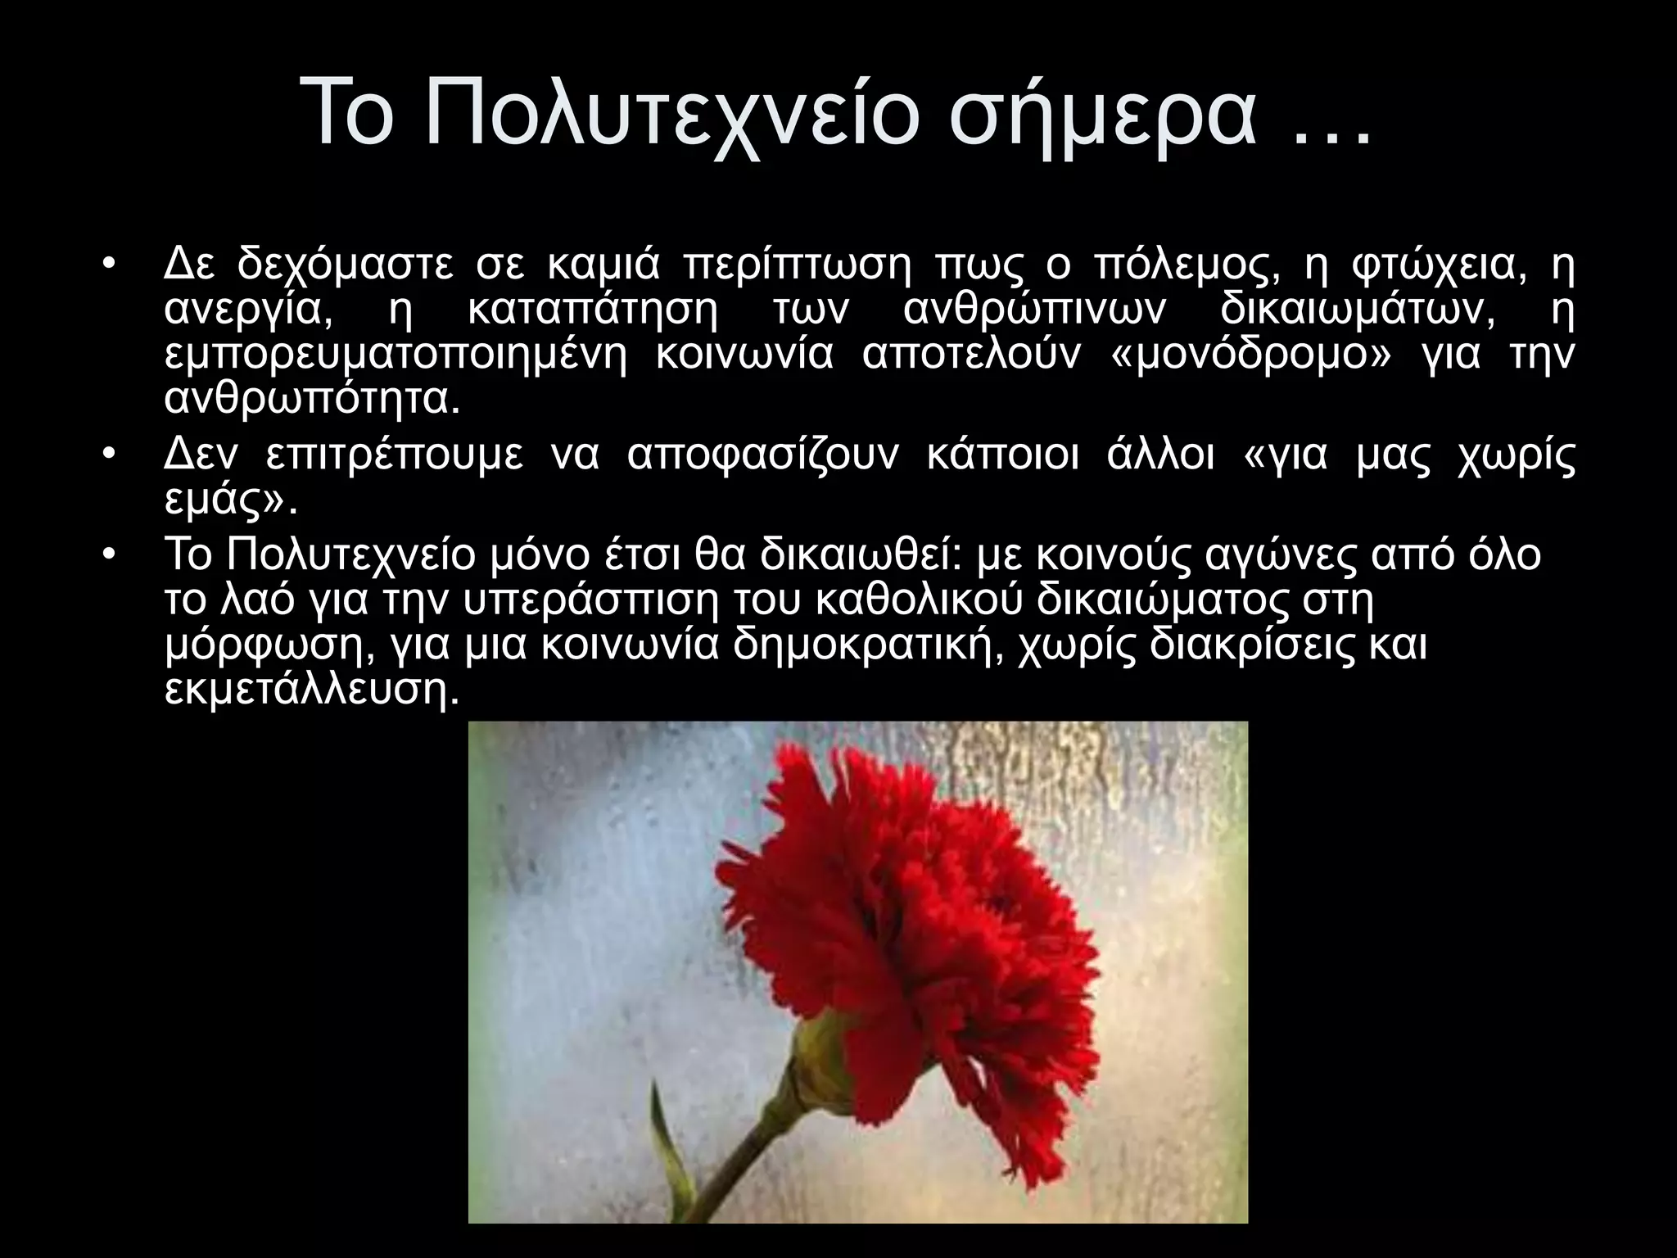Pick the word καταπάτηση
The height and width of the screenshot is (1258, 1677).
coord(594,311)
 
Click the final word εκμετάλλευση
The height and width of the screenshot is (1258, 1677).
coord(307,690)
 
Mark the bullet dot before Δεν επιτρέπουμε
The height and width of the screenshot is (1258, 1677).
coord(110,456)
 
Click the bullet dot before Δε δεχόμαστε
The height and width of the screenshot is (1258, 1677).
coord(110,267)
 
